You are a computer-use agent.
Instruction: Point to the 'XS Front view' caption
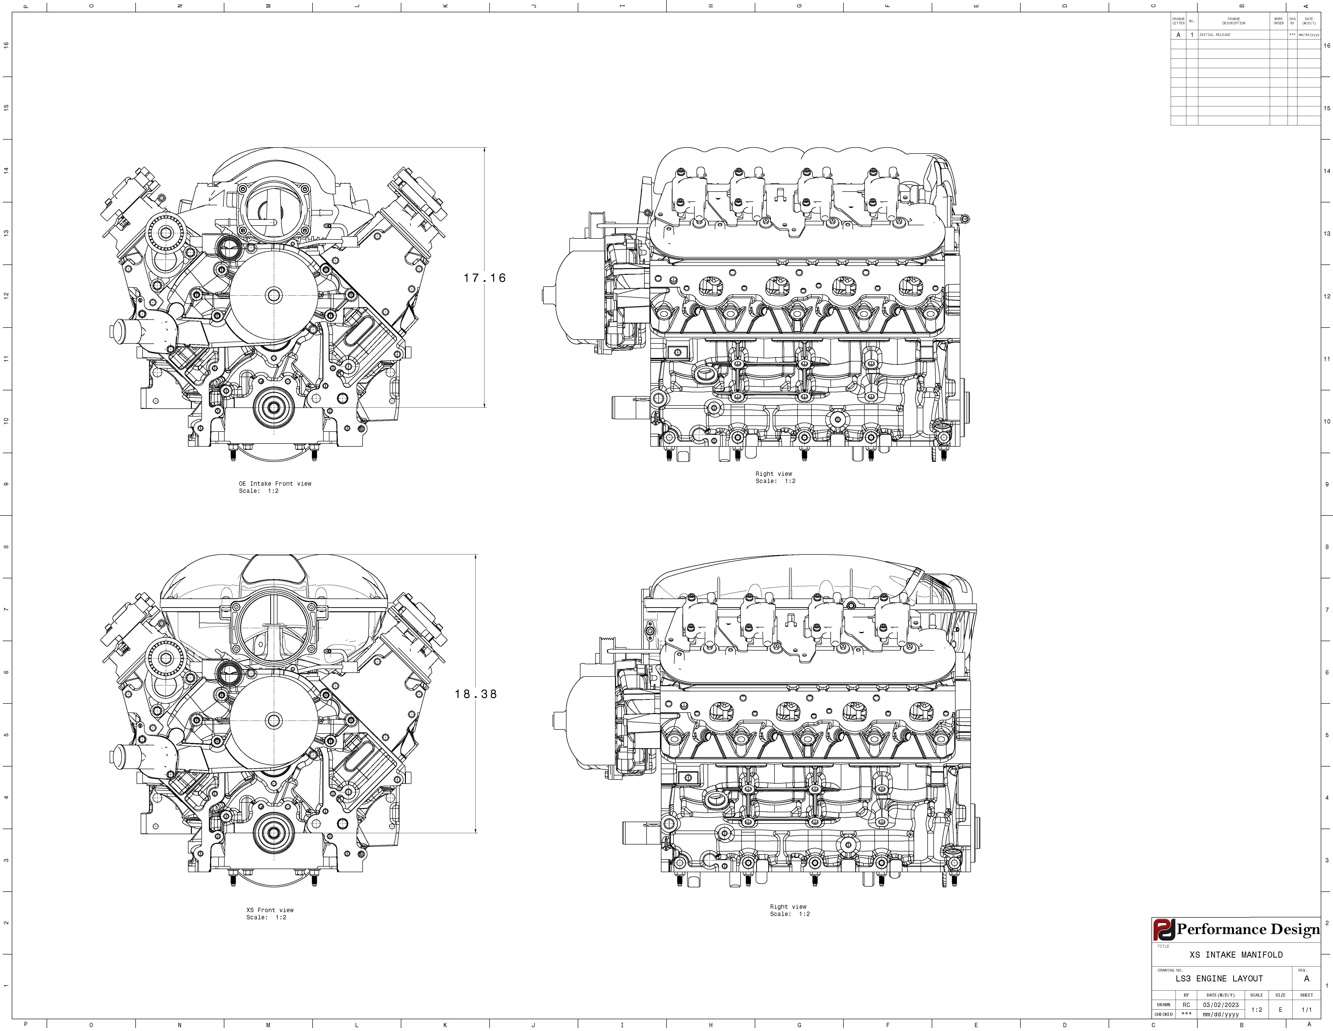click(x=270, y=910)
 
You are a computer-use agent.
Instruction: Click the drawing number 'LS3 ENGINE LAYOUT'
click(x=1219, y=979)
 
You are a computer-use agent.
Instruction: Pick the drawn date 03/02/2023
click(x=1221, y=1005)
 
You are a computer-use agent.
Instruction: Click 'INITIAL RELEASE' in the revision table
click(x=1215, y=35)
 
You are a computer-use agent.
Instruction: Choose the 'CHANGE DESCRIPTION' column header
click(x=1233, y=21)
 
